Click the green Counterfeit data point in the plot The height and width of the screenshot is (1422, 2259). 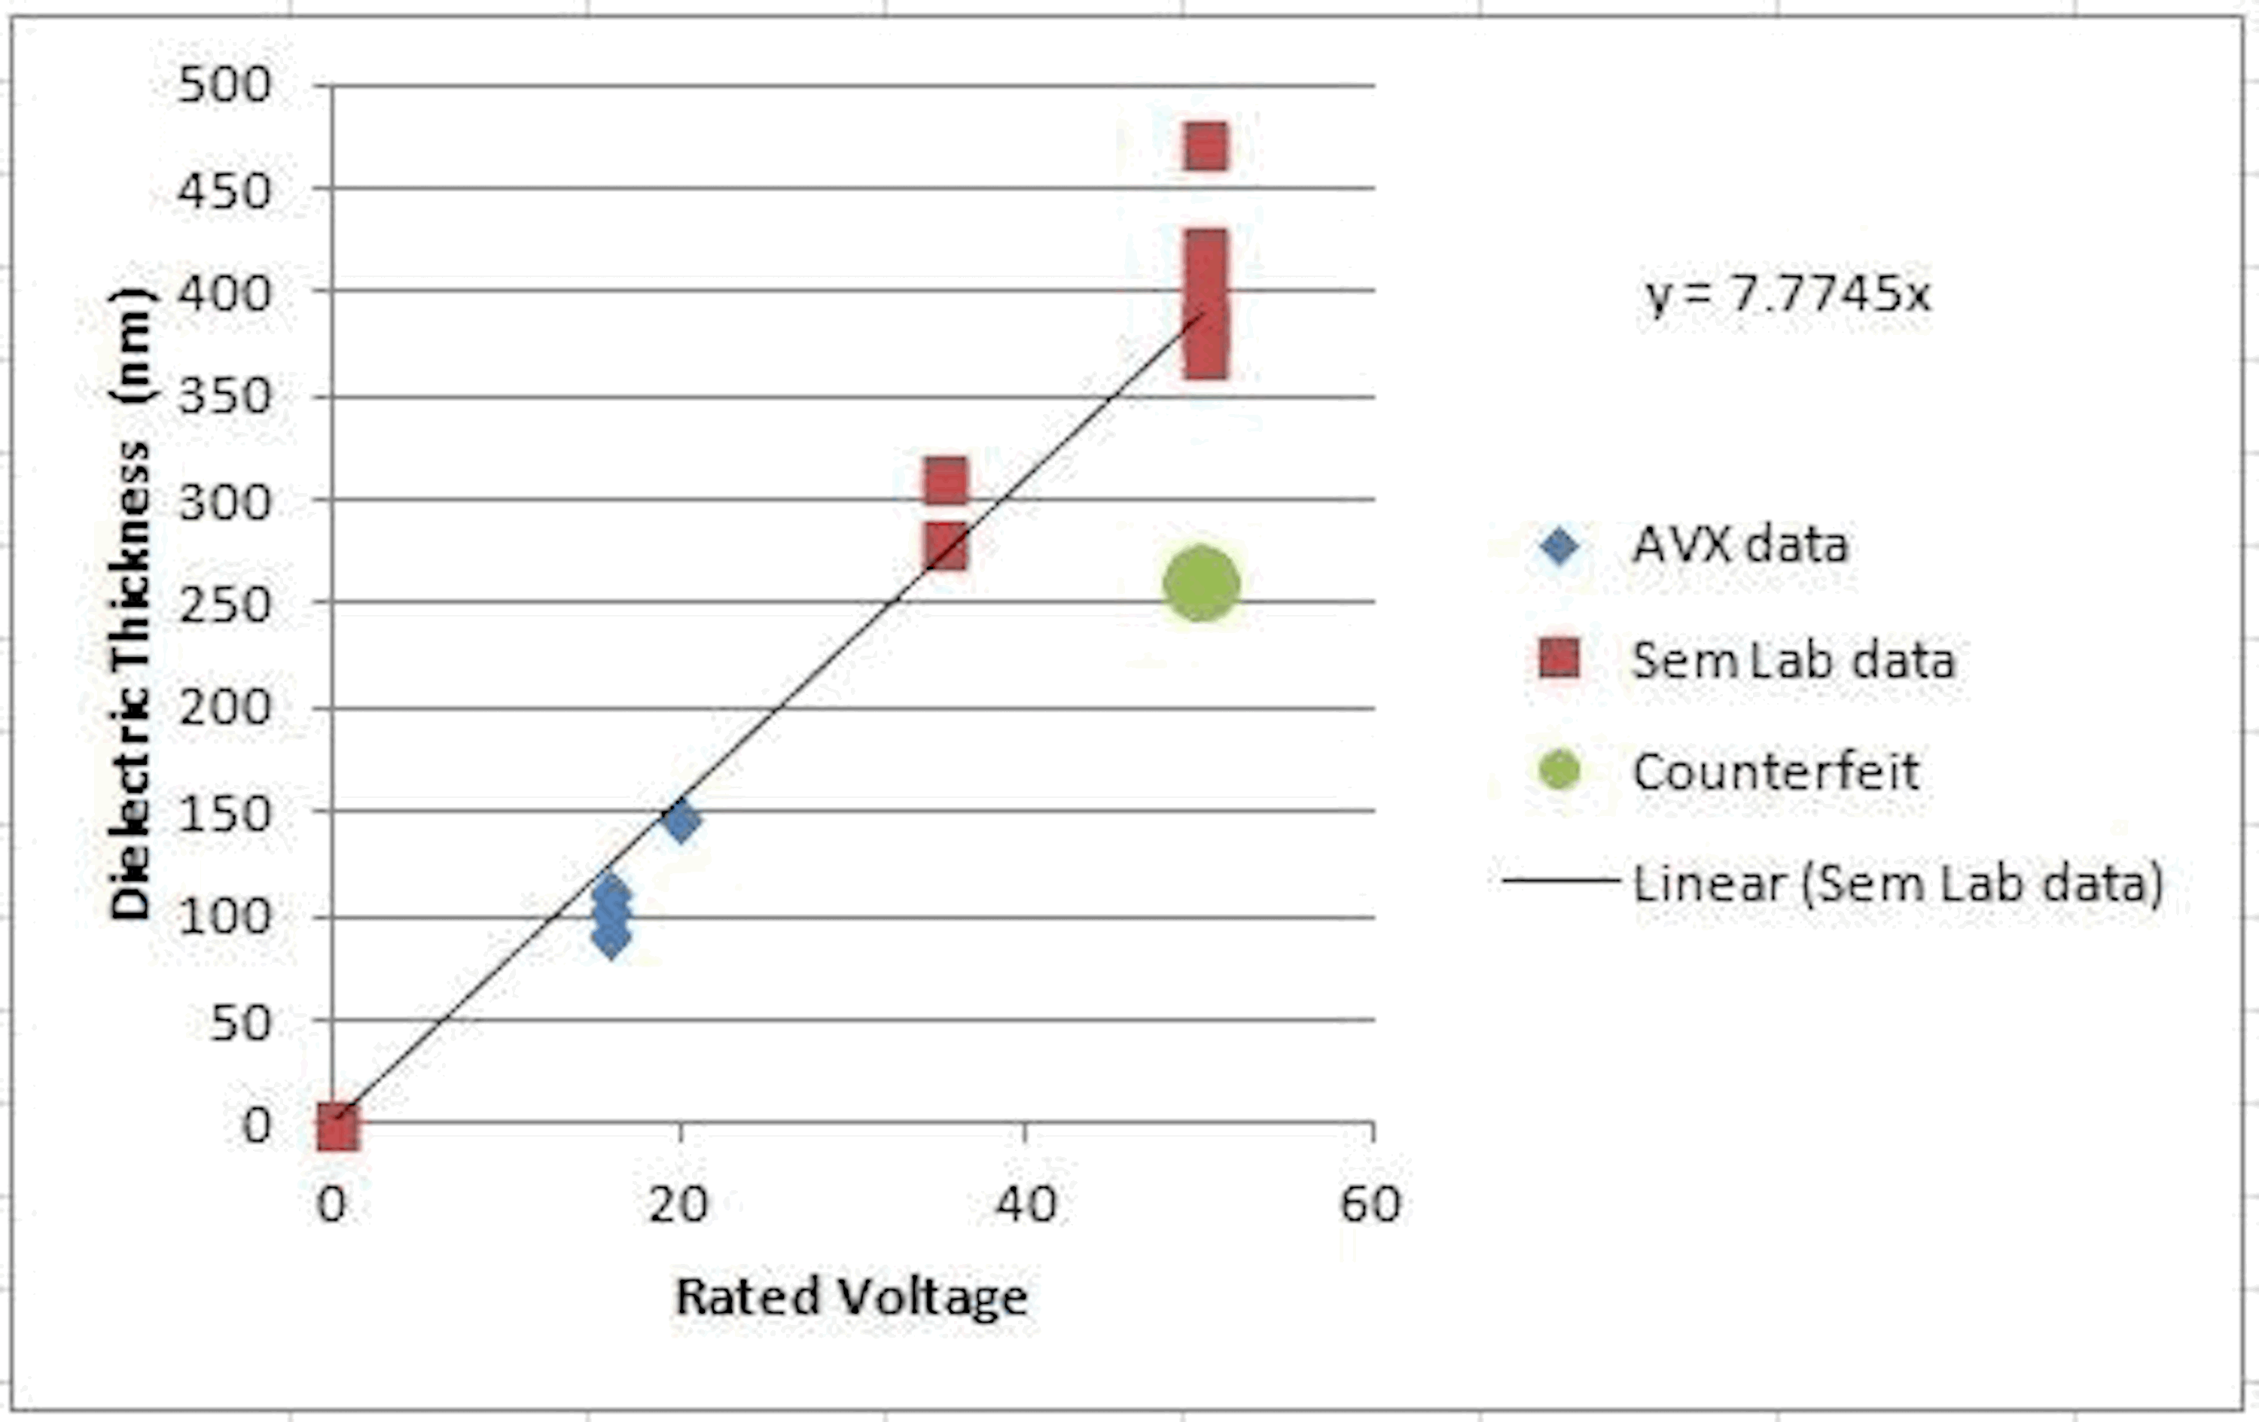[1201, 583]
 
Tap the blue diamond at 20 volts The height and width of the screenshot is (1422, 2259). [680, 821]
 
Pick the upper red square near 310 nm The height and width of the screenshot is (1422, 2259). [946, 481]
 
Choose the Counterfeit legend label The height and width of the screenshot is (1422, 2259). [1775, 771]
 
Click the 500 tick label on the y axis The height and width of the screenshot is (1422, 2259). [224, 84]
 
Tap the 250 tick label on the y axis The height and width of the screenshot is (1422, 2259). [224, 605]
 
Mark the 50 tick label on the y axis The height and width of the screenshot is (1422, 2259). [240, 1022]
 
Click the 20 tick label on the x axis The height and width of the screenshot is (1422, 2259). [678, 1204]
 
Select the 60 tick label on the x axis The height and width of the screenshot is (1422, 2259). [1370, 1204]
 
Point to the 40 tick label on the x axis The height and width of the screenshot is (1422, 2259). [1026, 1204]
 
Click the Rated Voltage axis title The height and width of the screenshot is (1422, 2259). [851, 1297]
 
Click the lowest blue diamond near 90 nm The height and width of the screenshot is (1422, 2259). [611, 937]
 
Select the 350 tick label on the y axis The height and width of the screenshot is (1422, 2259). [224, 397]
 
